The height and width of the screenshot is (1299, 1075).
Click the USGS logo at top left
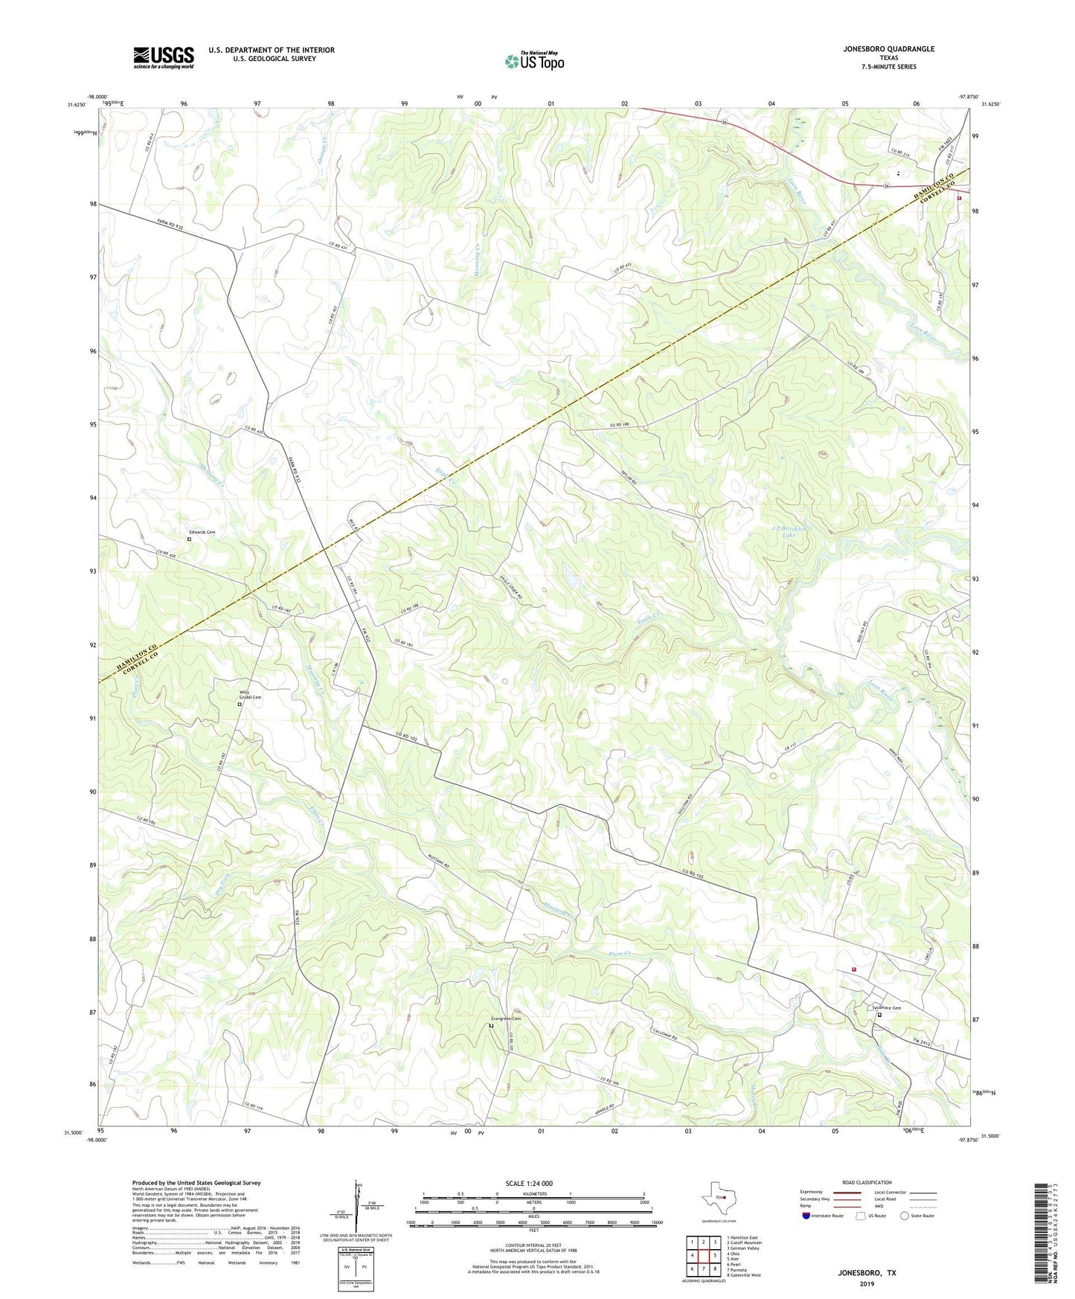(164, 57)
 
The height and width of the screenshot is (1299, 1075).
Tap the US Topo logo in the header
(533, 61)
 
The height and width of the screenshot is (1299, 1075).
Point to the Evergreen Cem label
(505, 1019)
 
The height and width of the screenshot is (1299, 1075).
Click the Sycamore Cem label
(886, 1008)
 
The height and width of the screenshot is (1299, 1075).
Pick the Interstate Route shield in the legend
(806, 1216)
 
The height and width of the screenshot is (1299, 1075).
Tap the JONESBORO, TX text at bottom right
(867, 1273)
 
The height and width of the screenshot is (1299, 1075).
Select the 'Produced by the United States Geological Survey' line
(196, 1182)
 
